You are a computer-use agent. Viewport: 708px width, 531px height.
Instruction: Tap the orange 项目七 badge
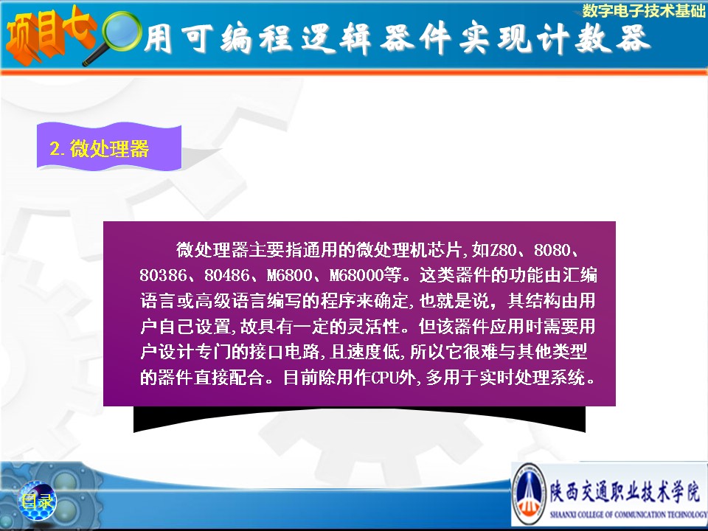point(49,36)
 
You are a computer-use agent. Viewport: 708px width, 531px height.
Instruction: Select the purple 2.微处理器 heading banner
point(109,147)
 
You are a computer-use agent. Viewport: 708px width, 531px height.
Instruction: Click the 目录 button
point(38,501)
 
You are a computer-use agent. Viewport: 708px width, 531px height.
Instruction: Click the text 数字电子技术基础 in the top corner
point(643,10)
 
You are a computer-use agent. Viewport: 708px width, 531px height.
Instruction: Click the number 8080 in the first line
point(552,250)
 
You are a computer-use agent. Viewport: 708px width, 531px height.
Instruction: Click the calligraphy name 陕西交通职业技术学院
point(625,492)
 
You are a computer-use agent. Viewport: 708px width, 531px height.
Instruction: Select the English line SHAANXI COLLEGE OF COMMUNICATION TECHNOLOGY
point(628,514)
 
